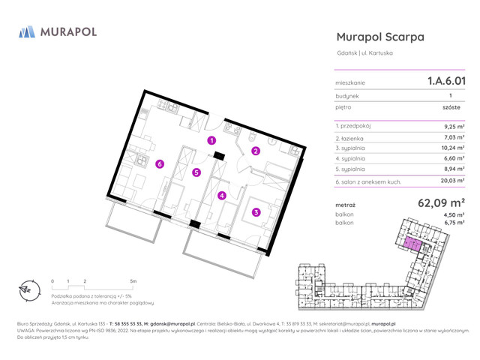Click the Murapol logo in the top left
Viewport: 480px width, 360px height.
point(57,31)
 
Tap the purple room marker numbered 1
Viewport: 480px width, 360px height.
point(212,140)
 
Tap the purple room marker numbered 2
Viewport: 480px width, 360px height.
point(256,151)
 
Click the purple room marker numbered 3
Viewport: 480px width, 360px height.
point(256,212)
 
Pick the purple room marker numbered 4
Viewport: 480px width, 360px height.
point(221,196)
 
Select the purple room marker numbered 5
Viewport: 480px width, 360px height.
point(196,172)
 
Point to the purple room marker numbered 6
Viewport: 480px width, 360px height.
point(160,164)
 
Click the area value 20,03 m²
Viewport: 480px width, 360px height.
point(454,181)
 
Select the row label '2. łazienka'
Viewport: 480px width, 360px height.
point(351,137)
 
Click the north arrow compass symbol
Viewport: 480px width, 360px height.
point(25,289)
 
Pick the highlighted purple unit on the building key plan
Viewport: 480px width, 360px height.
point(412,243)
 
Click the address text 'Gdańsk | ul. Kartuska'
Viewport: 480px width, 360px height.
point(364,53)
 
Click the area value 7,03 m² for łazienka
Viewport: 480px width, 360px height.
point(455,137)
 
